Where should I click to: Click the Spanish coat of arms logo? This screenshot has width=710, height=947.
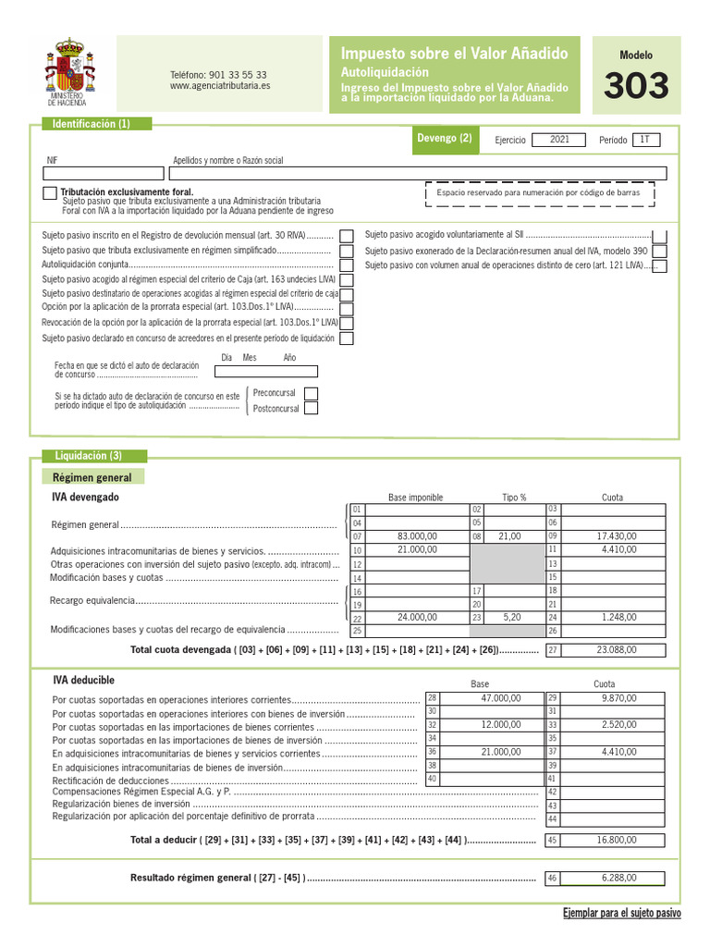[69, 65]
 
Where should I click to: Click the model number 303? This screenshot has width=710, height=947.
[636, 87]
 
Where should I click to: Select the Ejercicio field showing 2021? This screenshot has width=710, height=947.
[559, 140]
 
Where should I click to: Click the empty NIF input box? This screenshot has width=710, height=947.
[104, 173]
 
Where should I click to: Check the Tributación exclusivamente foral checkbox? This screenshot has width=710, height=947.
[49, 192]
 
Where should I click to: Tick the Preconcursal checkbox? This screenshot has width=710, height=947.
[311, 393]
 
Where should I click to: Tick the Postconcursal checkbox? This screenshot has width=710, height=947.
[311, 408]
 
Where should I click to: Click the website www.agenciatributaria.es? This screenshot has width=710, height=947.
[220, 86]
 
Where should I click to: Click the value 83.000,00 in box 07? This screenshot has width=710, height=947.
[417, 535]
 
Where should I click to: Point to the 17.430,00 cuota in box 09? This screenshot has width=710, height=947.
[612, 535]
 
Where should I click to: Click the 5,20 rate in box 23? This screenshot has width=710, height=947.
[512, 617]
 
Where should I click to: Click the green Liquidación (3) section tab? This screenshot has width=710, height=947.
[89, 456]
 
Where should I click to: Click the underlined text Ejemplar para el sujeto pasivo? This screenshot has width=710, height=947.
[621, 913]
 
